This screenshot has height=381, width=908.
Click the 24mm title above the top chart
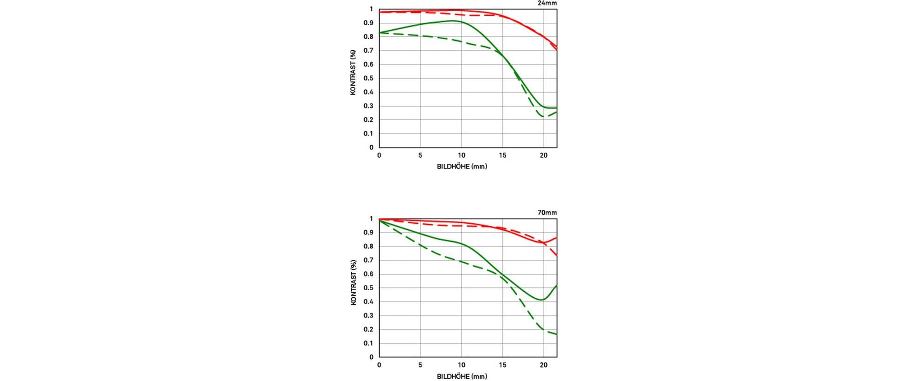[547, 3]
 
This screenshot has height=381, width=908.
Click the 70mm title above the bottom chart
[547, 213]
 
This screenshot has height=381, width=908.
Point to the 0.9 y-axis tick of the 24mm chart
[368, 23]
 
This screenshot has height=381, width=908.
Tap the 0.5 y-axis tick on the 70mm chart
[368, 288]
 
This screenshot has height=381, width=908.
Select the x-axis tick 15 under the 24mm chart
[502, 155]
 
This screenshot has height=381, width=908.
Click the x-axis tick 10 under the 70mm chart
[461, 365]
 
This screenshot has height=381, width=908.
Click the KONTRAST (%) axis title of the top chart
[353, 73]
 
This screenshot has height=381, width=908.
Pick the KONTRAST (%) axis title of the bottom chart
[353, 282]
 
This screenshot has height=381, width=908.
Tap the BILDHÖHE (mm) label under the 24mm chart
[462, 167]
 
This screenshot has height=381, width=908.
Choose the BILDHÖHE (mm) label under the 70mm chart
[462, 376]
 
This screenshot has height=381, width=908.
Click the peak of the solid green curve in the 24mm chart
[453, 20]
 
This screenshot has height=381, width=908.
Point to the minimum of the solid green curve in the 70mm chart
[541, 300]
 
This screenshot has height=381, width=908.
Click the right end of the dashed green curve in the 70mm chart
[556, 334]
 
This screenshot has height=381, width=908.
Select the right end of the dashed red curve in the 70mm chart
[556, 255]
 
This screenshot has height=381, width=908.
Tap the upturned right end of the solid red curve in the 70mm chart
[556, 238]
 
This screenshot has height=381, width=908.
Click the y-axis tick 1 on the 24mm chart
[371, 9]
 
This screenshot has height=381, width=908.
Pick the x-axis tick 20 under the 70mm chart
[543, 365]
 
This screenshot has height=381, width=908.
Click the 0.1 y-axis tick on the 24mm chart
[368, 134]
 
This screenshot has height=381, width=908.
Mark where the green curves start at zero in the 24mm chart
[380, 33]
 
